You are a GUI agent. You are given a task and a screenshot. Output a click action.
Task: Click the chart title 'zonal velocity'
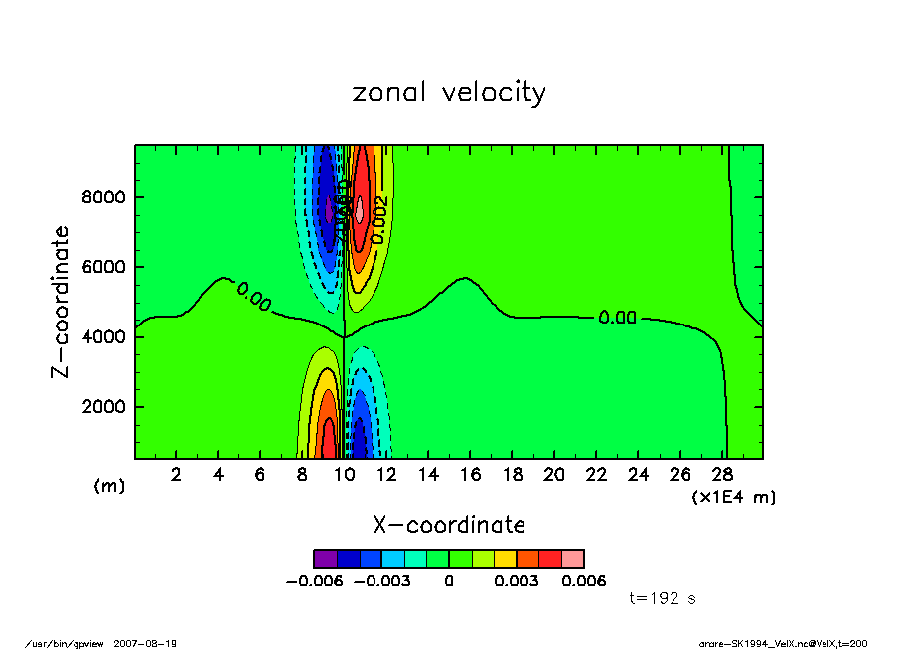tap(449, 93)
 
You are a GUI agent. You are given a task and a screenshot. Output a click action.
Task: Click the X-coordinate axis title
tap(449, 524)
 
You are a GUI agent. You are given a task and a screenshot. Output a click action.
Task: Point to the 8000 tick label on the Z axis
tap(103, 197)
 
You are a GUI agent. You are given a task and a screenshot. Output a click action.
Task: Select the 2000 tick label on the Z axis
tap(103, 407)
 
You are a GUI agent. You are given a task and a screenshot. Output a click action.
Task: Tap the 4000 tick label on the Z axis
tap(103, 337)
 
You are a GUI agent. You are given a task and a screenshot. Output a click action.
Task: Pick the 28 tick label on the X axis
tap(722, 475)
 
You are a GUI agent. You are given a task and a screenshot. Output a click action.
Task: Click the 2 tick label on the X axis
tap(176, 475)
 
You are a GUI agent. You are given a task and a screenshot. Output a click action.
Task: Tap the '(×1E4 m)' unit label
tap(734, 497)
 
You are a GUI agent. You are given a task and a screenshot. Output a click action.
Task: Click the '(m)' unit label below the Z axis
tap(108, 486)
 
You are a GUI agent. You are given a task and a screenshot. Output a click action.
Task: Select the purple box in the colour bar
tap(325, 559)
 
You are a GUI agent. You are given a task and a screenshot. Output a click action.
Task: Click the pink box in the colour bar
tap(572, 559)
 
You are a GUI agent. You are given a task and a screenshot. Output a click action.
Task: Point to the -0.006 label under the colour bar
tap(313, 582)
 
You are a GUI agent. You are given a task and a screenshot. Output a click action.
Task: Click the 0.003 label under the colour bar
tap(517, 582)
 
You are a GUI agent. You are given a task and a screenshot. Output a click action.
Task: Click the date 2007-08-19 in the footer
tap(153, 643)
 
